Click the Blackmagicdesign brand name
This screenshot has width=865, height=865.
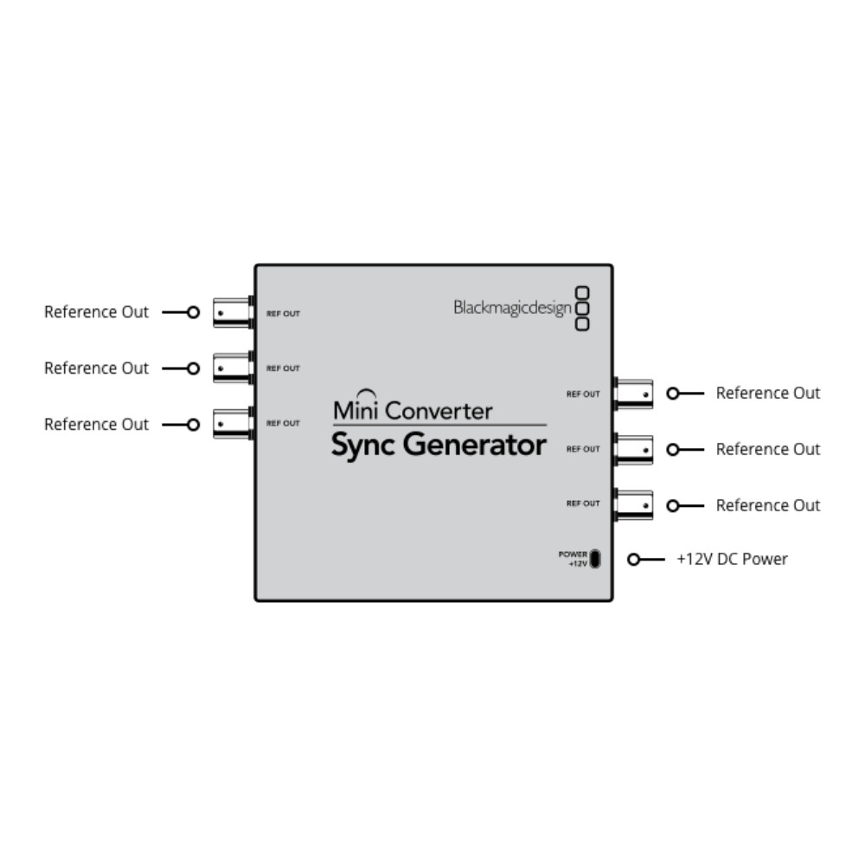[x=512, y=309]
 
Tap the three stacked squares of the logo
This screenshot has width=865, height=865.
[x=582, y=309]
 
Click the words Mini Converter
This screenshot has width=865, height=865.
[x=413, y=410]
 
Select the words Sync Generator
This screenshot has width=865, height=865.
[x=439, y=445]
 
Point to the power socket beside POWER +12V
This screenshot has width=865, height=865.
[x=595, y=559]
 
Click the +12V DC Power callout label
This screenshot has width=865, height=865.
[x=732, y=560]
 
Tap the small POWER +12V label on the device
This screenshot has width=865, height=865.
[x=573, y=559]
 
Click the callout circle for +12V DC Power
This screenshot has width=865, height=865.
[x=634, y=560]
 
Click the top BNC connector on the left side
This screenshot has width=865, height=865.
[x=234, y=313]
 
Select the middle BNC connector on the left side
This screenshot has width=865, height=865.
[x=234, y=368]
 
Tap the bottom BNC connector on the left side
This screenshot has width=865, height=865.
[x=234, y=424]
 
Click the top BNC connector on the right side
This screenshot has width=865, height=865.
[x=633, y=394]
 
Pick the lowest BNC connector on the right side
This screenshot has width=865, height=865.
[x=633, y=505]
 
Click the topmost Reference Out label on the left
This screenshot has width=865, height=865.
[x=97, y=312]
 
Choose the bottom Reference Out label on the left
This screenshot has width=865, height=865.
[x=97, y=424]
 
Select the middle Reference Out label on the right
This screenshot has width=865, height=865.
[x=768, y=450]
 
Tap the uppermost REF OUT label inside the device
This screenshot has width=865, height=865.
[x=283, y=313]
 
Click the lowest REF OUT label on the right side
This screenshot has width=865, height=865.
[x=583, y=503]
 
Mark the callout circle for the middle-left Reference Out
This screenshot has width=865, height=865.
[x=193, y=368]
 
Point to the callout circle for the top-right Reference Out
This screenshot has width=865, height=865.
[x=673, y=394]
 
